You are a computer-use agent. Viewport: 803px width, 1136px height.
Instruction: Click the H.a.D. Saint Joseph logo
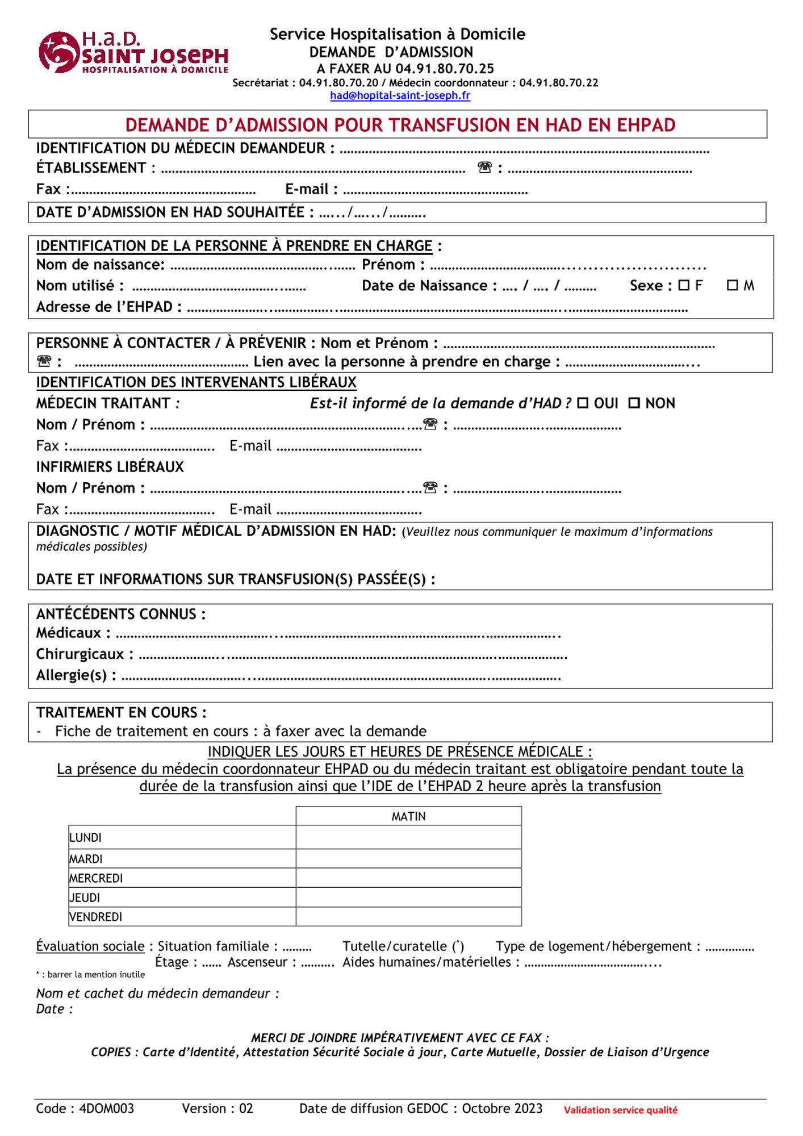133,52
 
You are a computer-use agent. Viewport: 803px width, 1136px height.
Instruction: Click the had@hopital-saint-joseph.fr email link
400,95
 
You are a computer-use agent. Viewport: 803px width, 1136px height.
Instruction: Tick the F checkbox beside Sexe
684,285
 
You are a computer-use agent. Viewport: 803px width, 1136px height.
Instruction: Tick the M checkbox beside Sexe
732,285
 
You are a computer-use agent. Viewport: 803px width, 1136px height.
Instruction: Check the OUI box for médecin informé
583,403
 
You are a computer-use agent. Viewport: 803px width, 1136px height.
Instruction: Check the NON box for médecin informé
634,403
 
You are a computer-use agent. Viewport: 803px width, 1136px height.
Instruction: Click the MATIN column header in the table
408,816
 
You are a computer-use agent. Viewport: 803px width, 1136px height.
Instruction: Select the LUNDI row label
86,838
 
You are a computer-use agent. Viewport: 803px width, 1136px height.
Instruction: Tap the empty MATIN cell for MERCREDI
408,878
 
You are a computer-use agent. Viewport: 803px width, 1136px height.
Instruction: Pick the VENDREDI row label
96,917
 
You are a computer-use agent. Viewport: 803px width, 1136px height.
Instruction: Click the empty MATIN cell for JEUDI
408,897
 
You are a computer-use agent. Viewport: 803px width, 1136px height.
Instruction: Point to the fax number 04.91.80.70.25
445,69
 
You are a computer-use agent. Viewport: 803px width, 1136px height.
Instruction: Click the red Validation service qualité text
620,1110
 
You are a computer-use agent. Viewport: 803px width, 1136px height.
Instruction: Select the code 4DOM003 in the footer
107,1108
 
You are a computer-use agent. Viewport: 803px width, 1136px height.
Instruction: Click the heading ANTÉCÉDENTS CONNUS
120,614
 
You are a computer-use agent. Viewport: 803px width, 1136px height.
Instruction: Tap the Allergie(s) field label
76,675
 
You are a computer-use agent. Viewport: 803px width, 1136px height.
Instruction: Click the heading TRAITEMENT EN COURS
121,712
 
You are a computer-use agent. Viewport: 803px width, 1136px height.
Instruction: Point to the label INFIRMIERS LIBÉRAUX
110,467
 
